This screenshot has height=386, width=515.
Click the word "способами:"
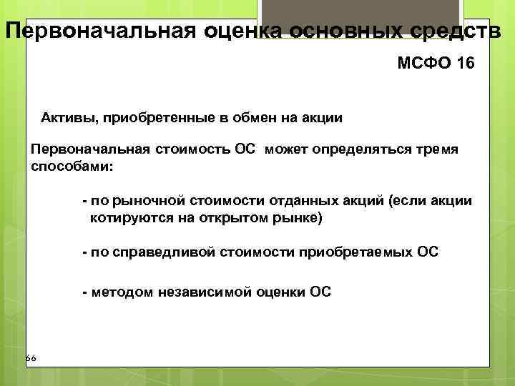click(72, 166)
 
